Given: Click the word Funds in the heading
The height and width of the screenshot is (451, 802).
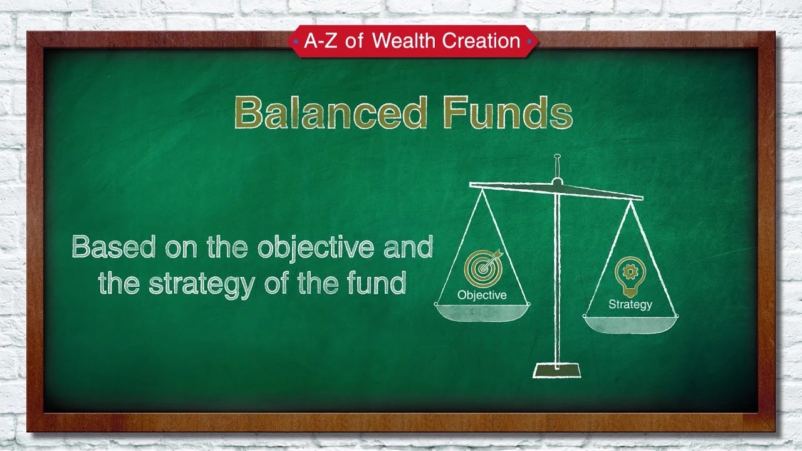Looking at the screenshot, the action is click(x=508, y=112).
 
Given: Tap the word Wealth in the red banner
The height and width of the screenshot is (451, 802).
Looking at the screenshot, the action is click(x=404, y=41).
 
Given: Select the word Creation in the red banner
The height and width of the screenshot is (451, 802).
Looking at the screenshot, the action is click(x=481, y=41).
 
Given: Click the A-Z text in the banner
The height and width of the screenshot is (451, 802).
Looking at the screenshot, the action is click(x=321, y=41).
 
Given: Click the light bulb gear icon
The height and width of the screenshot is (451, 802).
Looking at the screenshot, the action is click(x=630, y=276).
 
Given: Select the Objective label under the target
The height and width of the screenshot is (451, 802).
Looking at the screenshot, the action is click(x=482, y=296).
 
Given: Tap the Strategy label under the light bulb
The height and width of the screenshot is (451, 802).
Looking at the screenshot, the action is click(x=630, y=304).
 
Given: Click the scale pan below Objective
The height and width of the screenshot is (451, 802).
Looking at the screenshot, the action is click(x=482, y=313).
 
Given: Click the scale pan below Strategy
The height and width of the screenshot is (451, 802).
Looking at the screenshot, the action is click(x=631, y=325).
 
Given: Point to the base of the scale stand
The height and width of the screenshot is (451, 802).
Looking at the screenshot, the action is click(x=557, y=370).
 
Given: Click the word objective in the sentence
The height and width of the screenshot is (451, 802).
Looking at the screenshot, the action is click(x=316, y=247).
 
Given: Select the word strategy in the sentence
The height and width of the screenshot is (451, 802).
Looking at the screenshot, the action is click(x=202, y=284).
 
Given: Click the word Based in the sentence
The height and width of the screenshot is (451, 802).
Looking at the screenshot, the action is click(x=113, y=247).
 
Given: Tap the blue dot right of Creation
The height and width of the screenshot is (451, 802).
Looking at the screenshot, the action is click(x=529, y=41).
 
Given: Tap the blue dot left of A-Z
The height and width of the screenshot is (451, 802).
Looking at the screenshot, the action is click(x=296, y=41).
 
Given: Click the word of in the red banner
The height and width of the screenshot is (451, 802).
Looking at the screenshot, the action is click(x=355, y=41).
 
